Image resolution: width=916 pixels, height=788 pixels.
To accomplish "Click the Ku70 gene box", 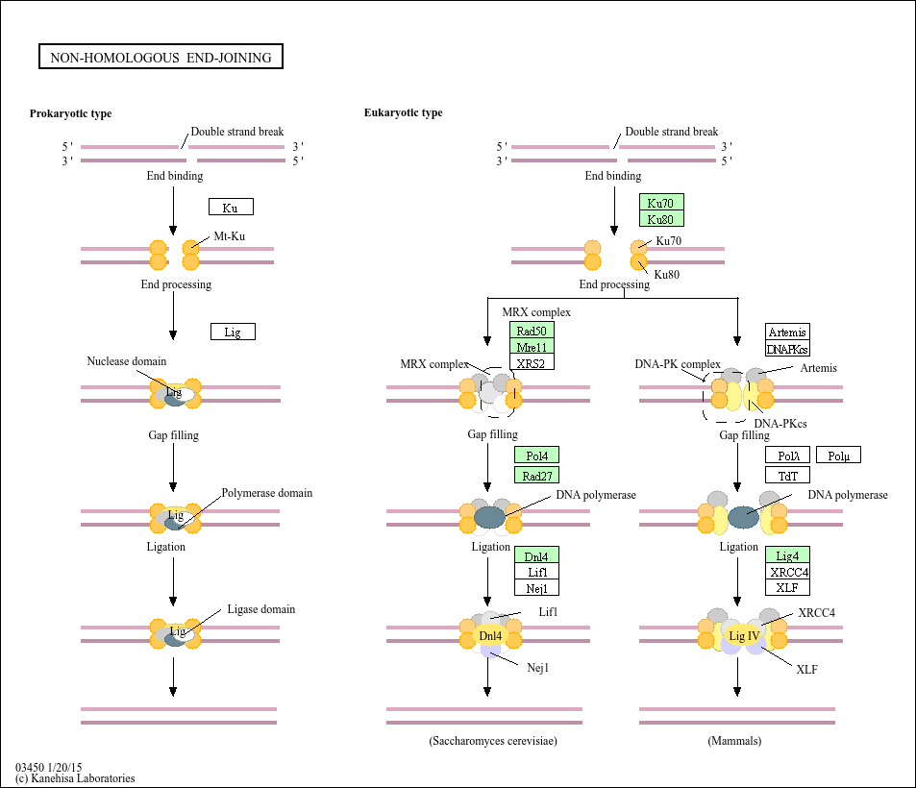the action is tap(661, 202).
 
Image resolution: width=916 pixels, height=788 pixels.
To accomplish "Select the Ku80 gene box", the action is tap(661, 218).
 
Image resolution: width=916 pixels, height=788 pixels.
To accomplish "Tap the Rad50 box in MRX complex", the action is tap(532, 330).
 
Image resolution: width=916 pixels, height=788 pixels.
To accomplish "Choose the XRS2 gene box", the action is tap(532, 362).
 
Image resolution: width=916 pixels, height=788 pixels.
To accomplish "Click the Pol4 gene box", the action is tap(536, 456).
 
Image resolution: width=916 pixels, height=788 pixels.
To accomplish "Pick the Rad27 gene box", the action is tap(536, 475).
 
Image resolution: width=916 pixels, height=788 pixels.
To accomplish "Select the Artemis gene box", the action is tap(787, 332).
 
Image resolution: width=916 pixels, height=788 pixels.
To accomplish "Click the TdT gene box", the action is tap(787, 475).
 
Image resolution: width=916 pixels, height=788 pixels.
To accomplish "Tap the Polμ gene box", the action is tap(838, 456).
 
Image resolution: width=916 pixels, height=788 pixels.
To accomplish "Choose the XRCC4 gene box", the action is tap(787, 571).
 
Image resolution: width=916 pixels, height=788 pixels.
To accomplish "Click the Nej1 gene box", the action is tap(536, 588).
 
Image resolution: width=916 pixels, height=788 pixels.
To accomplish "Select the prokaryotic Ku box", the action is tap(231, 207).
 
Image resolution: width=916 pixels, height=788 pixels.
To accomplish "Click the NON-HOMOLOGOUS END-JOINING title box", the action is tap(161, 57).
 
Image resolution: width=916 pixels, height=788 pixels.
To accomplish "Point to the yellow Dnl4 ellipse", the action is tap(491, 635).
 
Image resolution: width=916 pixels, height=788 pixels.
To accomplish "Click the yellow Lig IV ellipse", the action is tap(744, 635).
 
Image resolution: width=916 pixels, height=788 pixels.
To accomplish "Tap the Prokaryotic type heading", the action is tap(71, 113).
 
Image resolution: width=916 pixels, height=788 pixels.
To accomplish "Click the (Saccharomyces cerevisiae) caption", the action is tap(493, 741).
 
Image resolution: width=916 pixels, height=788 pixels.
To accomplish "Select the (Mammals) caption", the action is tap(734, 741).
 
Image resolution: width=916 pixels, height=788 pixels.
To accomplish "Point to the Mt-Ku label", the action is tap(230, 236).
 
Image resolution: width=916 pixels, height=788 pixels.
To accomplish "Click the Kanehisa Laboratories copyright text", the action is tap(75, 778).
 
